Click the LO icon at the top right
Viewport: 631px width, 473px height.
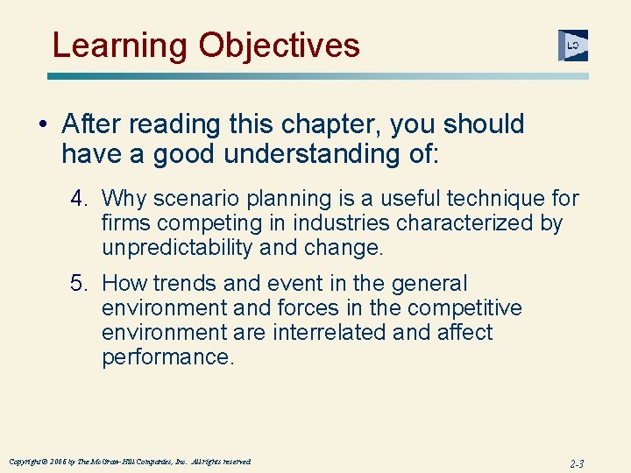(572, 46)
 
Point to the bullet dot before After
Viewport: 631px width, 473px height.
(43, 125)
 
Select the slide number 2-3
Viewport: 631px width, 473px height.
(575, 463)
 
